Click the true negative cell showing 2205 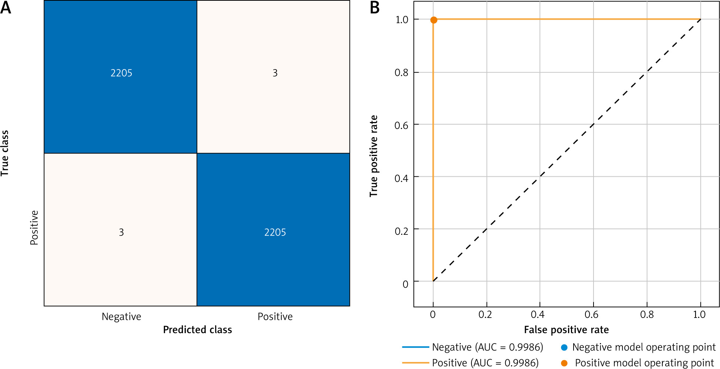coord(121,73)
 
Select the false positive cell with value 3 coord(275,73)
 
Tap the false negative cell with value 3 coord(121,232)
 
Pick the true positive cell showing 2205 coord(275,232)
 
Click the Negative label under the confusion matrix coord(121,316)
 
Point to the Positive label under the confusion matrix coord(275,316)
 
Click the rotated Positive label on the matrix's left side coord(34,227)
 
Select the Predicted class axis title coord(197,329)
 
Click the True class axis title coord(5,153)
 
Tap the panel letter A coord(6,7)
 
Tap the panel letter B coord(375,7)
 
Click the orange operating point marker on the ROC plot coord(434,20)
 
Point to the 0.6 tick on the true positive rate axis coord(402,126)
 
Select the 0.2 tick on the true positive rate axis coord(402,231)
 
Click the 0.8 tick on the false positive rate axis coord(647,315)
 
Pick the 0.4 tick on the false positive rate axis coord(538,315)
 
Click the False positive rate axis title coord(566,329)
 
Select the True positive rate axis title coord(374,156)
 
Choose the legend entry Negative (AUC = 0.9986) coord(487,347)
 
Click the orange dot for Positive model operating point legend coord(564,363)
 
